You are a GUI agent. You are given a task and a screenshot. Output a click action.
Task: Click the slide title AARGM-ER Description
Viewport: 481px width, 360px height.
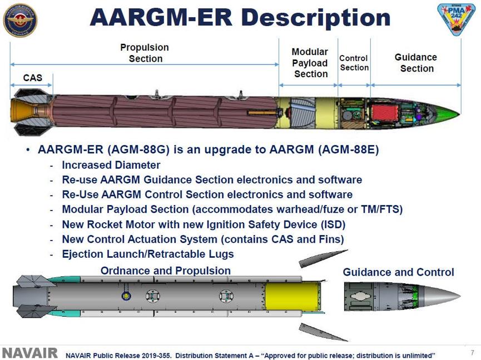pyautogui.click(x=240, y=18)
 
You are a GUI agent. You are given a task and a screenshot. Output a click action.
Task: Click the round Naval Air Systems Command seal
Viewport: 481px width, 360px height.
pyautogui.click(x=20, y=19)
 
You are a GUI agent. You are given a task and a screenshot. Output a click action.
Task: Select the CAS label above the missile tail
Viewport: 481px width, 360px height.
pyautogui.click(x=32, y=78)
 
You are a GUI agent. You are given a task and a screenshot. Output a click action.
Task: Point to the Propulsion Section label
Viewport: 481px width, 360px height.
pyautogui.click(x=145, y=53)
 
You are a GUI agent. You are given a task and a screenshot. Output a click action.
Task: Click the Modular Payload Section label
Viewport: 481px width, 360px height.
pyautogui.click(x=310, y=63)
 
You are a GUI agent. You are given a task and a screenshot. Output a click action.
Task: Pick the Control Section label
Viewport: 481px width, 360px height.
pyautogui.click(x=354, y=63)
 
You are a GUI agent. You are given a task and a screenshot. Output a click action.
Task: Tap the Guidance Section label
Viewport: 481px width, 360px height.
pyautogui.click(x=416, y=63)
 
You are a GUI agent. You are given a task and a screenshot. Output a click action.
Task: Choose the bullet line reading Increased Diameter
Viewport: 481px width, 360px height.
pyautogui.click(x=111, y=165)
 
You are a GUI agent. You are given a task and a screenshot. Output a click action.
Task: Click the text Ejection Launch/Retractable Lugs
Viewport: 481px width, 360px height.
pyautogui.click(x=148, y=254)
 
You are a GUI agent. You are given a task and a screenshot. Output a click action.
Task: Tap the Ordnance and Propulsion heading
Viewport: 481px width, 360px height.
pyautogui.click(x=165, y=271)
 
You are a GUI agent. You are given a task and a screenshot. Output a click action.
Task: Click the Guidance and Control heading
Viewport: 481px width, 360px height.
pyautogui.click(x=398, y=272)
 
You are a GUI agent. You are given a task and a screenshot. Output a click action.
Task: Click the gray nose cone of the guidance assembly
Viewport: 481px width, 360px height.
pyautogui.click(x=439, y=295)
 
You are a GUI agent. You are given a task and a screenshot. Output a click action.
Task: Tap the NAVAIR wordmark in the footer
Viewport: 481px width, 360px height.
pyautogui.click(x=30, y=353)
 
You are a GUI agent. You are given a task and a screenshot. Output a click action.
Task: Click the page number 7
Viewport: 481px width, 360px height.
pyautogui.click(x=472, y=353)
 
